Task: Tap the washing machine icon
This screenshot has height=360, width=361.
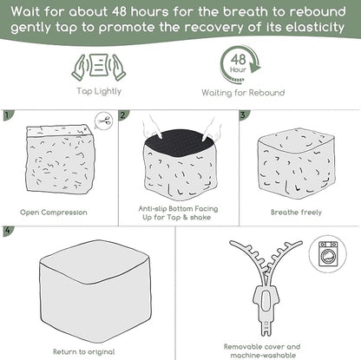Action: (328, 253)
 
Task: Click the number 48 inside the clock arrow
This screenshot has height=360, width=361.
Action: (239, 59)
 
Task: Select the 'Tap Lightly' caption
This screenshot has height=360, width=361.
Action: (99, 91)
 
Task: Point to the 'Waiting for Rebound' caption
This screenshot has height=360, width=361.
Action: (243, 93)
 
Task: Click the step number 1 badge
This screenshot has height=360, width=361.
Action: (7, 115)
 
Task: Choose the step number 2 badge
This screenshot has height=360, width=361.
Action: (123, 115)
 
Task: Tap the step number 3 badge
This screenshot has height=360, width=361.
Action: (243, 115)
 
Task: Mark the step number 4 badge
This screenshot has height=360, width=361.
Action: (8, 231)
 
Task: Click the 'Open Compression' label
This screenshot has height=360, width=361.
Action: (54, 213)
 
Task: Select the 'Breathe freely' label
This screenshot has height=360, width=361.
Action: (296, 213)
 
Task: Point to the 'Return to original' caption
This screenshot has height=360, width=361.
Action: (84, 352)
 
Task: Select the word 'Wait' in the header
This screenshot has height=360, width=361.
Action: (25, 12)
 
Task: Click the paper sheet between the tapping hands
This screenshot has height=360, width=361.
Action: (98, 65)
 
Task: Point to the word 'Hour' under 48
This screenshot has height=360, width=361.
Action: (238, 69)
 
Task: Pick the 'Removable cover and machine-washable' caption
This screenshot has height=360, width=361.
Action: (262, 350)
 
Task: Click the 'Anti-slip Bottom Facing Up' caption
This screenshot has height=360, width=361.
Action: (178, 213)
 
